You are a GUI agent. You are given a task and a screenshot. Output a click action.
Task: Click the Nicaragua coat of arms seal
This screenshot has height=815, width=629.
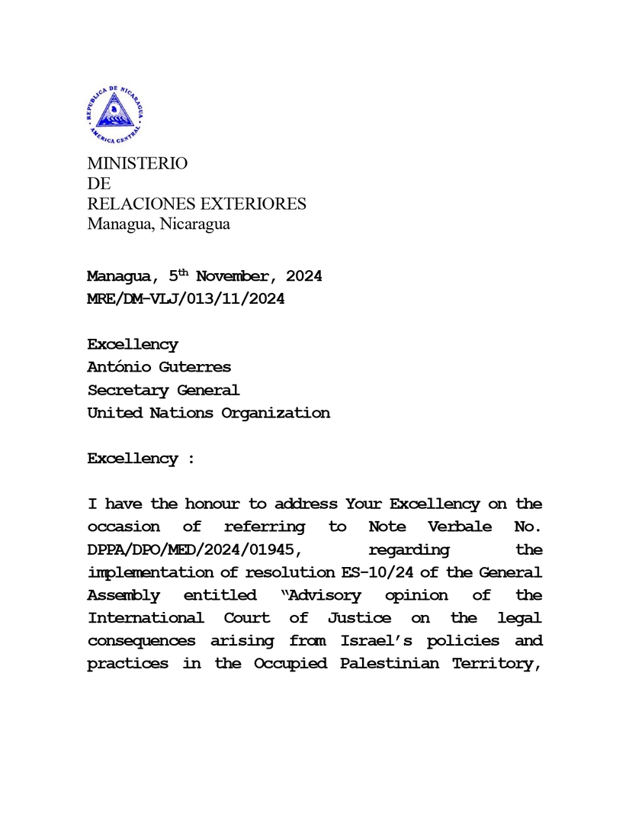[x=115, y=115]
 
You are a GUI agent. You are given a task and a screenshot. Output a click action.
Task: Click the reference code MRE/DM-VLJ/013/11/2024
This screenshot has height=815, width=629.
[x=186, y=299]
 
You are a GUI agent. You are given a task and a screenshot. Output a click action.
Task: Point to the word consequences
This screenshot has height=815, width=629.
[x=141, y=641]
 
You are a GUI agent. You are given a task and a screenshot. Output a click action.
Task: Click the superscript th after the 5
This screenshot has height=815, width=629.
[x=184, y=272]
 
